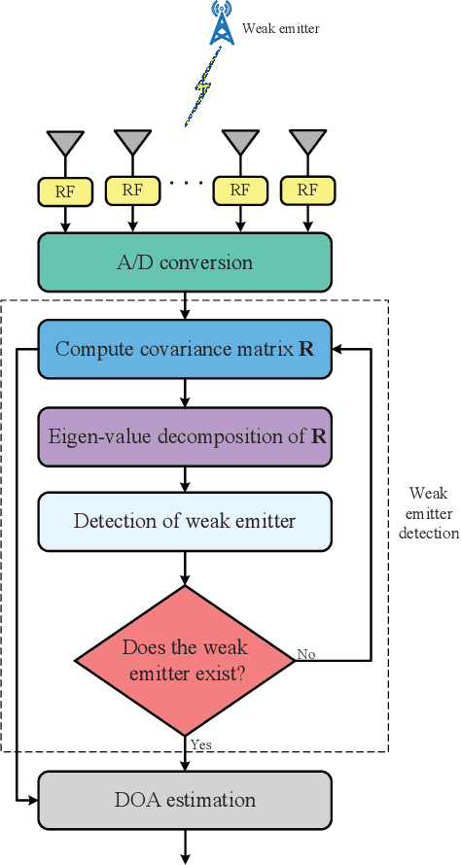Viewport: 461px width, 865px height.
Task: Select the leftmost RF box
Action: coord(66,190)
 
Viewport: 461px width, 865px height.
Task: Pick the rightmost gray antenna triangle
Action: coord(308,143)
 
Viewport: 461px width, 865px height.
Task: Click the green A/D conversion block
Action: coord(185,262)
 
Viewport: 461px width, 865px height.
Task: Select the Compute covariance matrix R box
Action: coord(185,349)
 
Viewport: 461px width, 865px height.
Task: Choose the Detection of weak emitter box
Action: coord(185,521)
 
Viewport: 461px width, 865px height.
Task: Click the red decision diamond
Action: coord(185,660)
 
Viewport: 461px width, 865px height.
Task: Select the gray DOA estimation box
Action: coord(185,801)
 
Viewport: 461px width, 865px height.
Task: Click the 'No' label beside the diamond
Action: coord(305,654)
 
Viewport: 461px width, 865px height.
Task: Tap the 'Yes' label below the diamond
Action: coord(202,744)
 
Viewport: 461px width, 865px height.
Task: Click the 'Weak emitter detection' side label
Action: coord(428,513)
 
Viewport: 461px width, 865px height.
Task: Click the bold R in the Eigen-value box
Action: coord(317,435)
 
